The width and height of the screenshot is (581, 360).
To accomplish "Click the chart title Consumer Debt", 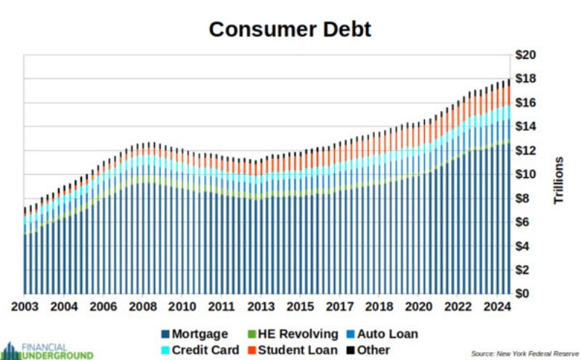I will click(290, 29).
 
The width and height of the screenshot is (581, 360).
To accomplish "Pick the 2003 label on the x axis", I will click(25, 307).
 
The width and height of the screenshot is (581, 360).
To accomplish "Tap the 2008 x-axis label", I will click(142, 307).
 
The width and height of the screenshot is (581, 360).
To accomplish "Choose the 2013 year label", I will click(261, 307).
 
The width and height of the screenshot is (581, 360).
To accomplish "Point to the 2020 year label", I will click(418, 307).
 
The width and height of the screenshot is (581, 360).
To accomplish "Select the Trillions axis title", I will click(559, 180).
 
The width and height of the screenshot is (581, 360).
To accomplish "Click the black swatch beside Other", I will click(351, 351).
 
